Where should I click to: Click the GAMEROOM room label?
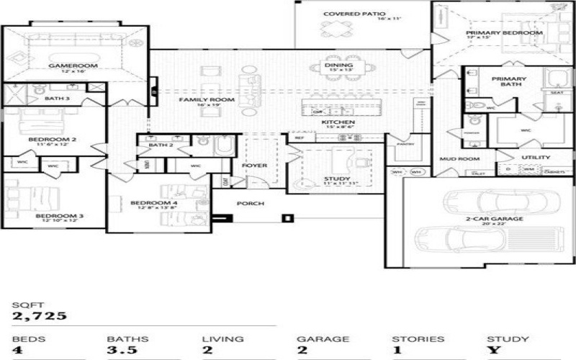pyautogui.click(x=63, y=66)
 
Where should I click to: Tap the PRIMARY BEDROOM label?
pyautogui.click(x=503, y=33)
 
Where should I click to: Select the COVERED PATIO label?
pyautogui.click(x=354, y=14)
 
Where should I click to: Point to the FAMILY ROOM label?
pyautogui.click(x=207, y=99)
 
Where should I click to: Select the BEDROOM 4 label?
pyautogui.click(x=154, y=203)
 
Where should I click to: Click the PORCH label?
pyautogui.click(x=251, y=203)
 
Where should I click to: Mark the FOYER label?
pyautogui.click(x=254, y=166)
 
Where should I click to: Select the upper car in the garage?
pyautogui.click(x=488, y=201)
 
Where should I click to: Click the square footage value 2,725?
pyautogui.click(x=40, y=315)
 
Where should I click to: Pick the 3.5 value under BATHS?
pyautogui.click(x=120, y=351)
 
